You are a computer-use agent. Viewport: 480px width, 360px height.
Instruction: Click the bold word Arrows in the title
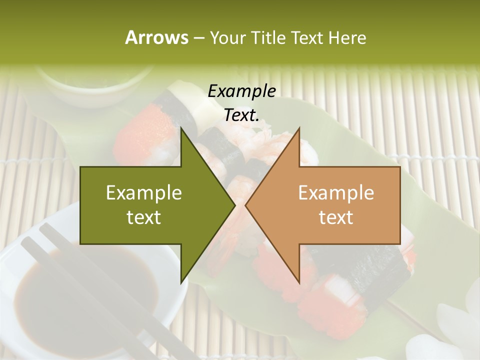156,37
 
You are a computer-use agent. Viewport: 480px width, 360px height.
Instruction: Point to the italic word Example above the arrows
241,91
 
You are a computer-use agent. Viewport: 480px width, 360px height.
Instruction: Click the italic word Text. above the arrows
241,115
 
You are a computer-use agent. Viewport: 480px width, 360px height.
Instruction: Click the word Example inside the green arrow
144,193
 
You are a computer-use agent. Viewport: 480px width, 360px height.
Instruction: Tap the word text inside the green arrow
144,217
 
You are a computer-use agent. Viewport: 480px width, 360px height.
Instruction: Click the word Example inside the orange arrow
336,193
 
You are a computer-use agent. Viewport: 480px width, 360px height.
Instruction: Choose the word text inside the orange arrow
336,217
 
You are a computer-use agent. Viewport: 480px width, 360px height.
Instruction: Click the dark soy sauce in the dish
75,300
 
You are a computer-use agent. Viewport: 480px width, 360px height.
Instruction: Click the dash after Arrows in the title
198,38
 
